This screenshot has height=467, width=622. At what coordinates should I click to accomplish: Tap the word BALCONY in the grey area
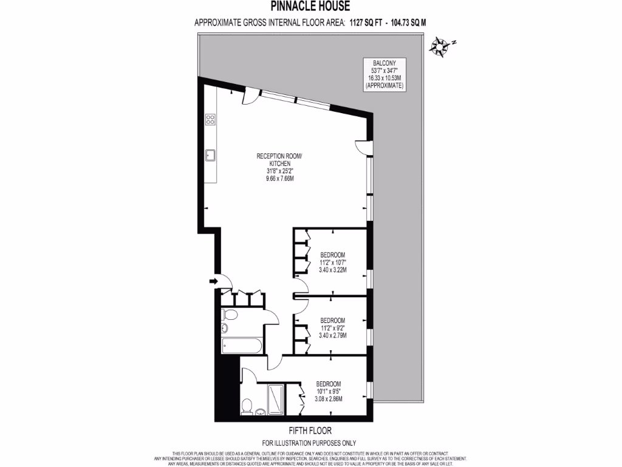384,63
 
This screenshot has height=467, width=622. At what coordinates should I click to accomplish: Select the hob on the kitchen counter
211,119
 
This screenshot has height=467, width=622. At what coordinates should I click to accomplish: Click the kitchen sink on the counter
211,155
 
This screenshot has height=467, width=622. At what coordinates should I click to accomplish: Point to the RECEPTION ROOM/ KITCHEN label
278,160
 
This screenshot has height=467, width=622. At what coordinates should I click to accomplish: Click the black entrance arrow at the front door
213,281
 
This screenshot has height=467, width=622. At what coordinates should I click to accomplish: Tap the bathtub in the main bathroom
241,346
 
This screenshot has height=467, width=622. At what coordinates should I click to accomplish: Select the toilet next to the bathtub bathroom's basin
230,314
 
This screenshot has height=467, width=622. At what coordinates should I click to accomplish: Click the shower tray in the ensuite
276,399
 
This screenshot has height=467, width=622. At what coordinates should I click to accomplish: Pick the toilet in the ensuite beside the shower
247,406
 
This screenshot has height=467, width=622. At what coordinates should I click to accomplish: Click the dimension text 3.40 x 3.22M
332,270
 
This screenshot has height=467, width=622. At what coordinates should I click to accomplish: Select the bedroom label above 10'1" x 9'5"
329,384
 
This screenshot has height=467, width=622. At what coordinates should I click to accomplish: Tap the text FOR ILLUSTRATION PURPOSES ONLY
309,443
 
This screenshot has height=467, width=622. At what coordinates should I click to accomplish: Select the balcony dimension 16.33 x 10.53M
384,79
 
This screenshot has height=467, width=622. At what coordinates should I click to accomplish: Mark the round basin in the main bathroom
224,328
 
